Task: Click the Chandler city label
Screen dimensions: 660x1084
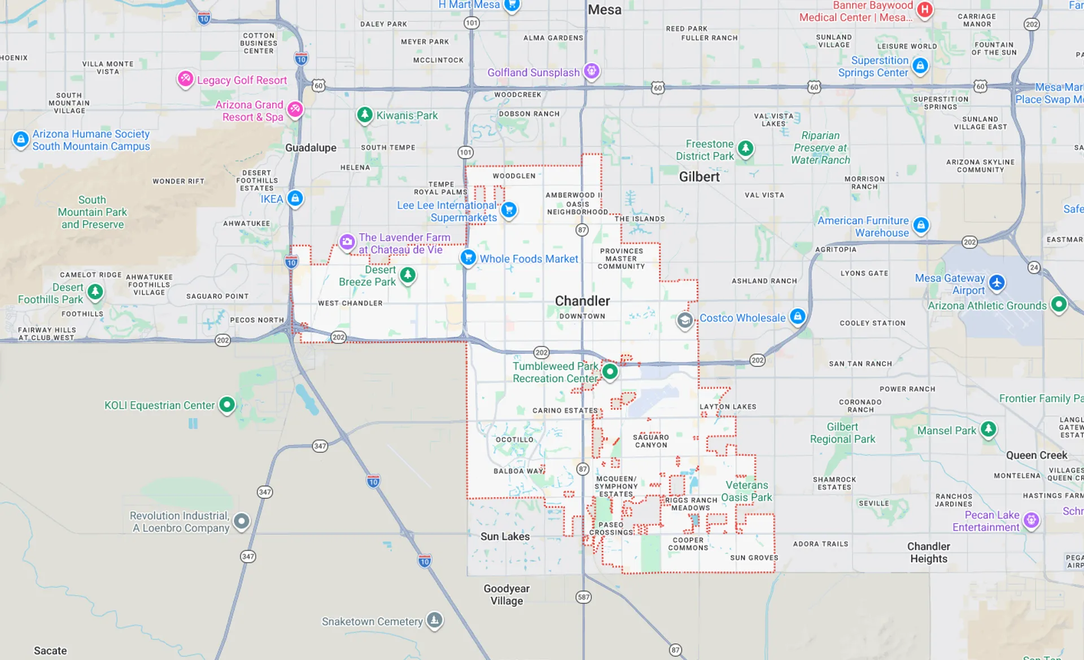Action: point(582,301)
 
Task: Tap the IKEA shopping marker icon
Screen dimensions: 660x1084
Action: point(295,198)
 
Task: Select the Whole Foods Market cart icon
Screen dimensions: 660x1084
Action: point(467,258)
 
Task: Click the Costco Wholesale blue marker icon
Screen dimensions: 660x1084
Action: point(797,316)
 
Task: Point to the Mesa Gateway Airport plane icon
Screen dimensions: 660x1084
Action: point(997,283)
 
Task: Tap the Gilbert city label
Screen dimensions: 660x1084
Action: point(699,177)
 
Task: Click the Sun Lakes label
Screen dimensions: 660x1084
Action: point(505,536)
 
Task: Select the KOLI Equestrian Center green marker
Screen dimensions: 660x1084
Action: point(227,405)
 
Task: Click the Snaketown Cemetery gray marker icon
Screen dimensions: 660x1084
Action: point(434,620)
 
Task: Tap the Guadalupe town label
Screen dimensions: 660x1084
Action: point(311,147)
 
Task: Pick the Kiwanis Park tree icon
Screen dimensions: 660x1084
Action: point(365,115)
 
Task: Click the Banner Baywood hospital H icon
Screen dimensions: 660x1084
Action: point(924,10)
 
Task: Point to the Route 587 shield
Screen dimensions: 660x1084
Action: point(583,597)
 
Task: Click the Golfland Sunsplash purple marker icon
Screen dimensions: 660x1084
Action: point(591,71)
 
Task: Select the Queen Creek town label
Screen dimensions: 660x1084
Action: point(1037,455)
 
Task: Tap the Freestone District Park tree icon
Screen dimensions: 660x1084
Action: point(746,149)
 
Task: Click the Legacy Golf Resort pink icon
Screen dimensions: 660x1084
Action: point(185,79)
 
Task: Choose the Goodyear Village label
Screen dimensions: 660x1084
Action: point(506,594)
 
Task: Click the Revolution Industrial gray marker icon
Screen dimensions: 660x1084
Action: point(242,521)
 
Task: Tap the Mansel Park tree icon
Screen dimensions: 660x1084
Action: point(988,429)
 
